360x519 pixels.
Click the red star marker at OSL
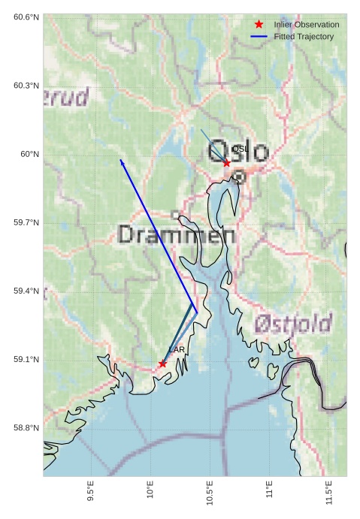pyautogui.click(x=226, y=162)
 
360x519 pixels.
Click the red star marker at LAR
pyautogui.click(x=162, y=364)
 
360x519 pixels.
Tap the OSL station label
pyautogui.click(x=240, y=149)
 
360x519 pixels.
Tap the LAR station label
pyautogui.click(x=177, y=350)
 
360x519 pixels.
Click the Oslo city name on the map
pyautogui.click(x=238, y=152)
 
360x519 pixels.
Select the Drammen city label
pyautogui.click(x=177, y=235)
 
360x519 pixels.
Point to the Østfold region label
pyautogui.click(x=293, y=324)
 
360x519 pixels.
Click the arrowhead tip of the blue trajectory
pyautogui.click(x=120, y=159)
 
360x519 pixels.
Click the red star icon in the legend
pyautogui.click(x=259, y=25)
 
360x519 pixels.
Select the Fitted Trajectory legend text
pyautogui.click(x=304, y=37)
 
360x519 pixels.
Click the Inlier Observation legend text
pyautogui.click(x=307, y=25)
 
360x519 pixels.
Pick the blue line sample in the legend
pyautogui.click(x=259, y=37)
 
